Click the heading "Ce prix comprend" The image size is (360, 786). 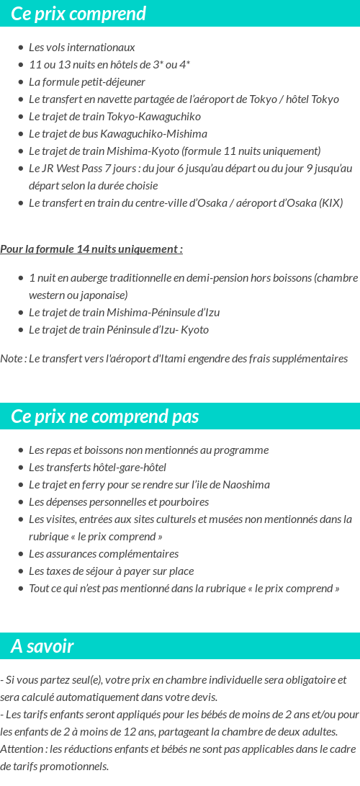(78, 14)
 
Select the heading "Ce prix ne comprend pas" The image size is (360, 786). (105, 416)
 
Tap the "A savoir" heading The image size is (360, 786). (42, 646)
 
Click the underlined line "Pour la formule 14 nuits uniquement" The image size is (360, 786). (91, 249)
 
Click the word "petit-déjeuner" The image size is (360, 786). (113, 82)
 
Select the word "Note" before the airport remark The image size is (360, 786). (12, 359)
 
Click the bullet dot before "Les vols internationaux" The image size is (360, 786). (20, 48)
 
